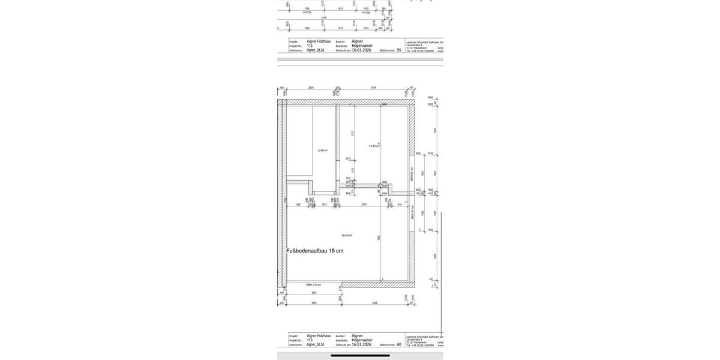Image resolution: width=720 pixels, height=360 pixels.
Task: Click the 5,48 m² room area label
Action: tap(323, 150)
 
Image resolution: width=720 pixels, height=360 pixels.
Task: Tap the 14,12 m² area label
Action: tap(374, 146)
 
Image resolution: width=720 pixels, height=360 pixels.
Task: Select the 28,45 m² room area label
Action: tap(347, 235)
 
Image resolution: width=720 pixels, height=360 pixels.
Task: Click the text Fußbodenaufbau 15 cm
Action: tap(315, 251)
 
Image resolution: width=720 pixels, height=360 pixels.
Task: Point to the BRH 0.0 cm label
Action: tap(314, 285)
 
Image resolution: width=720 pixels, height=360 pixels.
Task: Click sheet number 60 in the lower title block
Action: tap(399, 344)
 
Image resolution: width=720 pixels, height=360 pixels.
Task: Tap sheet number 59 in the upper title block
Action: tap(399, 50)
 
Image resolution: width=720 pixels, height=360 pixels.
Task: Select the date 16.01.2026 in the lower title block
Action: tap(361, 344)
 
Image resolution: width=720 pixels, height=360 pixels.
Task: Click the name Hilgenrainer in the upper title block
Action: tap(362, 46)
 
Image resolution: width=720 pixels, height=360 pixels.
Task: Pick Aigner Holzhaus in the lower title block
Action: tap(319, 336)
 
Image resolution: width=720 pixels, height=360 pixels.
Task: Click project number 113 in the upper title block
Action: tap(310, 46)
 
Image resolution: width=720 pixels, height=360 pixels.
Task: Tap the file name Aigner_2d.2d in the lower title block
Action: tap(315, 344)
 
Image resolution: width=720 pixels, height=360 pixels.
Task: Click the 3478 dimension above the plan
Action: tap(374, 88)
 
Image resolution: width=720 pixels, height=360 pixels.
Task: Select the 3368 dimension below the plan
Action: tap(375, 303)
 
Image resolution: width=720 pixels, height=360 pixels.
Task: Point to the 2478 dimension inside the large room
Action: tap(364, 205)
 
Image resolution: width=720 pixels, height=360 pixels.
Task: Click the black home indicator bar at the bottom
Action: tap(360, 355)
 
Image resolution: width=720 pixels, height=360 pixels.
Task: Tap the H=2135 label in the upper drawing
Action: tap(307, 12)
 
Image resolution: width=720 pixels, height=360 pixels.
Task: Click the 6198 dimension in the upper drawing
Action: tap(324, 17)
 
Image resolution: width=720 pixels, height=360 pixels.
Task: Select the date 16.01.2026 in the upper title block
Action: tap(361, 50)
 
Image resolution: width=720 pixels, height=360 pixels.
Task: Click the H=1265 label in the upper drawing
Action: tap(366, 12)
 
